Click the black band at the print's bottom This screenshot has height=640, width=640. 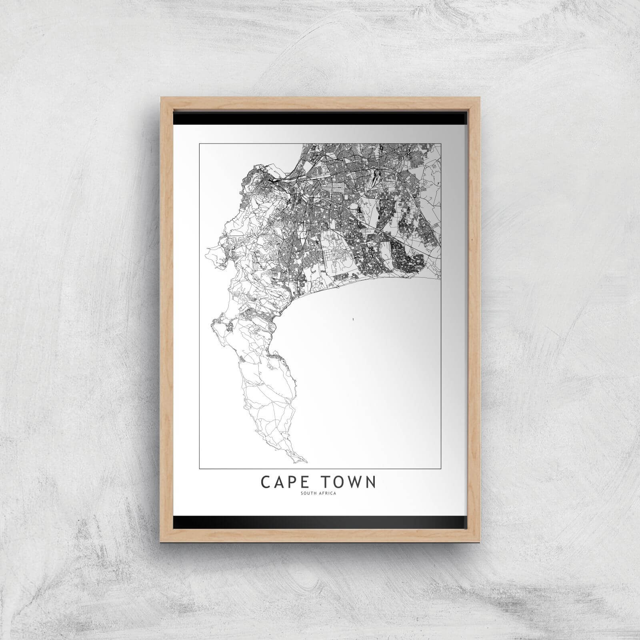click(320, 522)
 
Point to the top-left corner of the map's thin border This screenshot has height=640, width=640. click(199, 143)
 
